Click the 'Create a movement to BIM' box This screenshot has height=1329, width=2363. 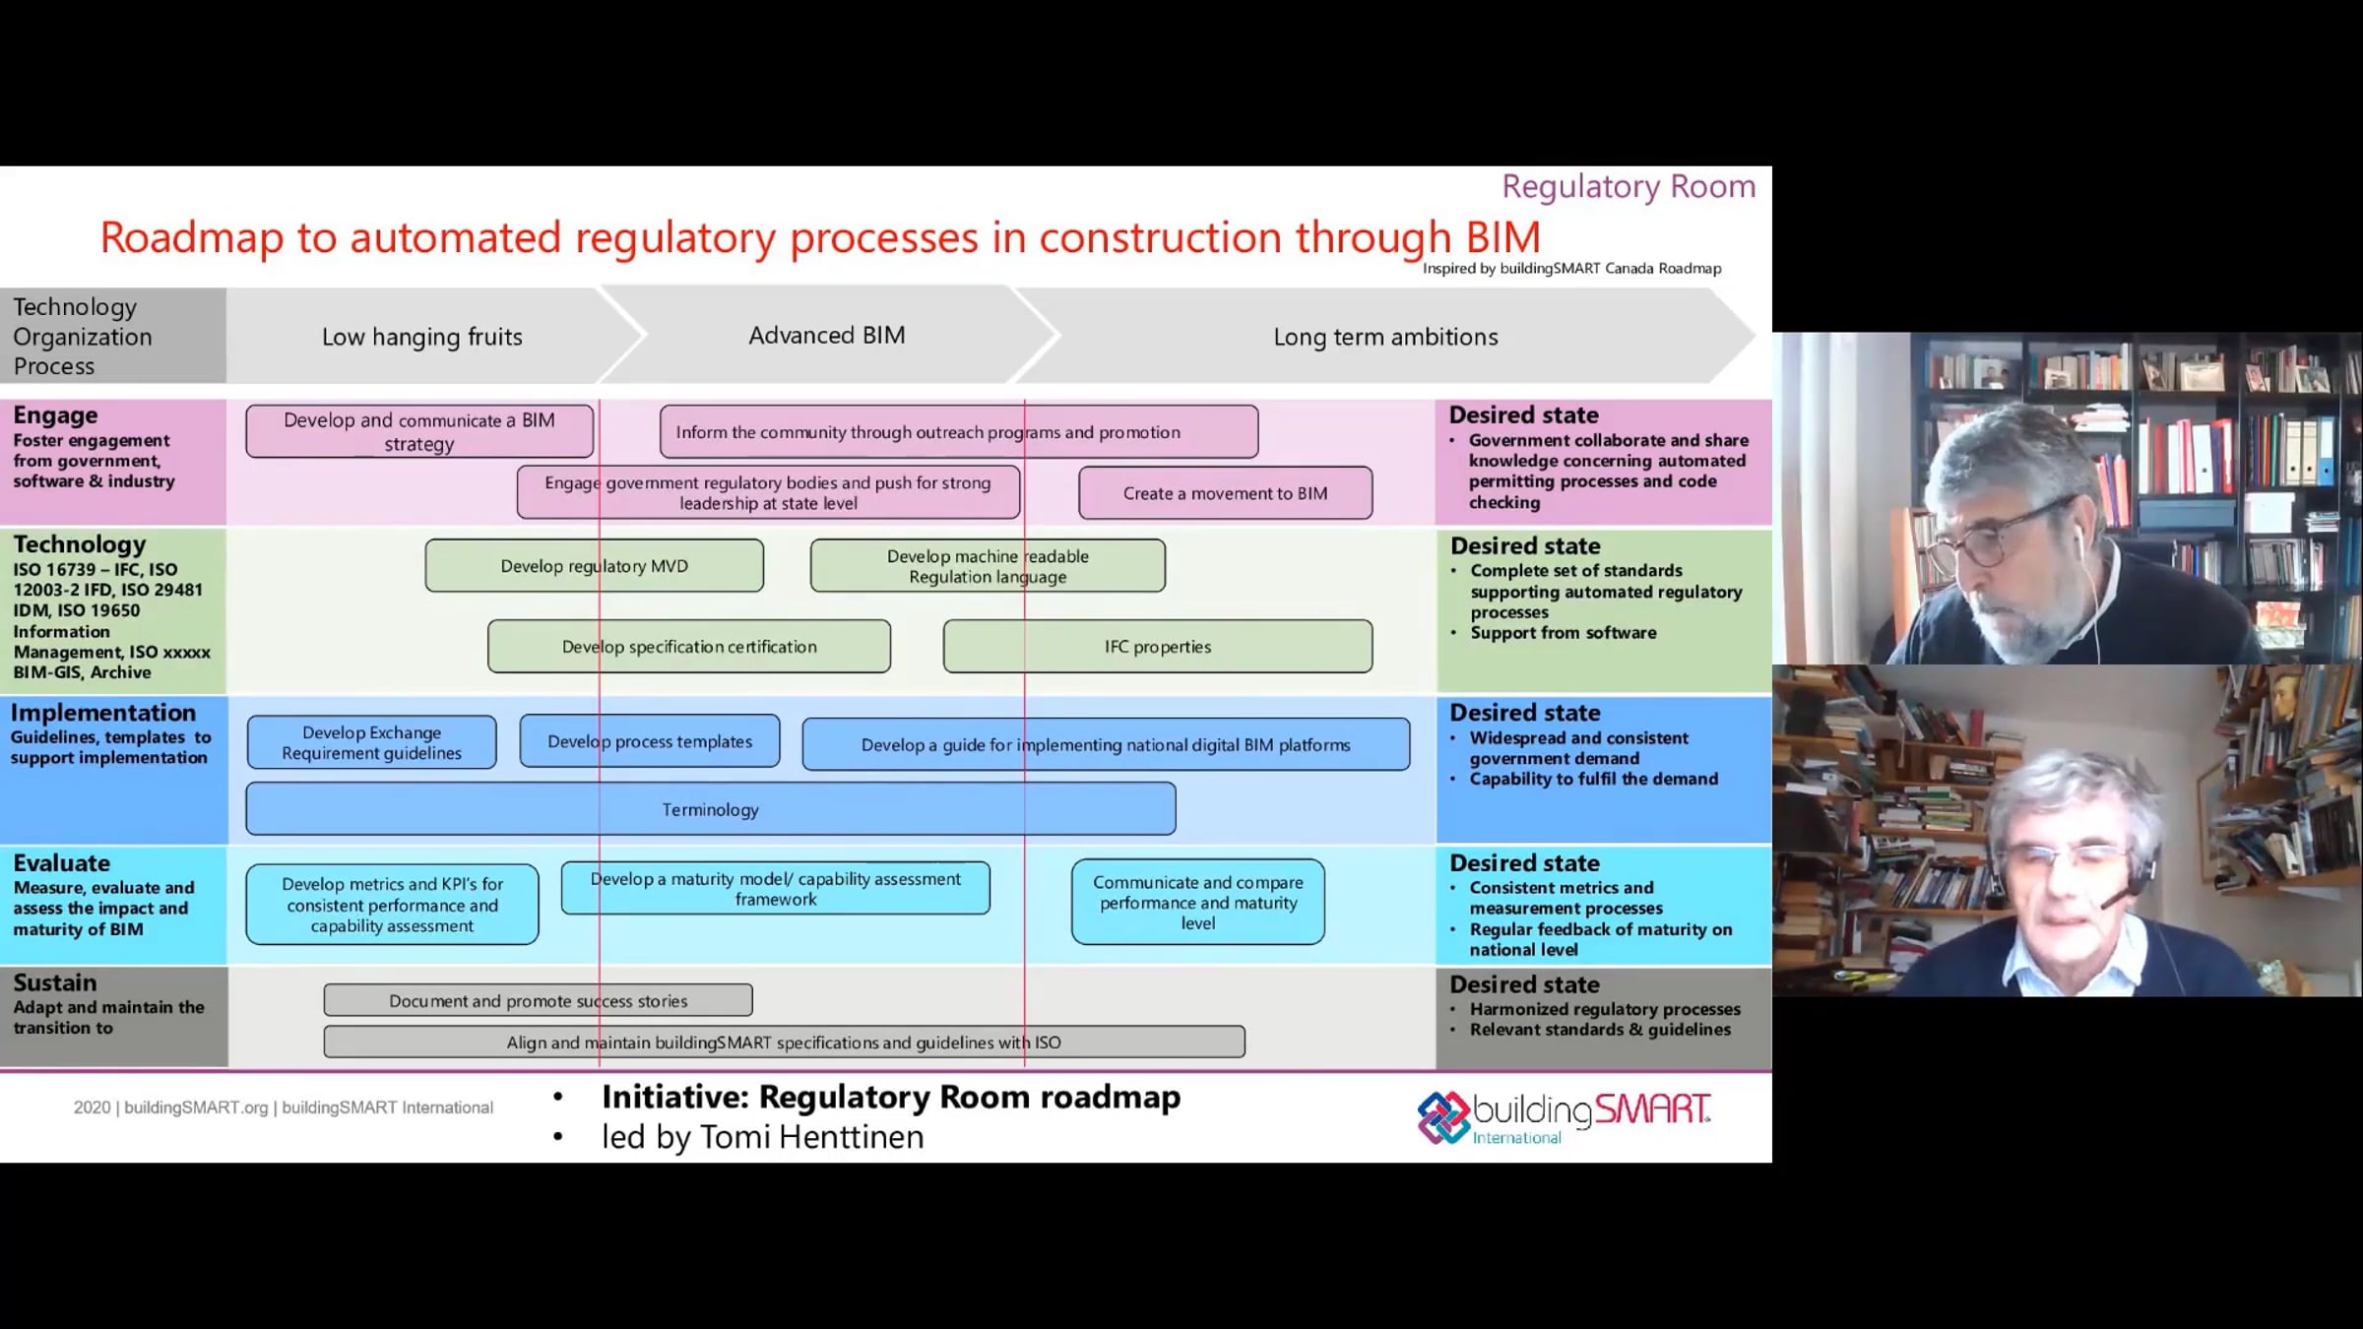pyautogui.click(x=1225, y=493)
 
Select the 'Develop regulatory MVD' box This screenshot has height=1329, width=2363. pyautogui.click(x=594, y=565)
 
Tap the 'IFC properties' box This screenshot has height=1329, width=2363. pyautogui.click(x=1158, y=646)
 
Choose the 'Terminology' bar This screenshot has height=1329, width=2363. pyautogui.click(x=710, y=809)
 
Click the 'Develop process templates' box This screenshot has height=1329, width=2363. pyautogui.click(x=650, y=741)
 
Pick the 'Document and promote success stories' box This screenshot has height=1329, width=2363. pyautogui.click(x=538, y=1000)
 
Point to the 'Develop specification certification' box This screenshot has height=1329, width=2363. pyautogui.click(x=689, y=646)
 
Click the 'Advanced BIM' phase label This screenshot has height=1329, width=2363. pyautogui.click(x=827, y=335)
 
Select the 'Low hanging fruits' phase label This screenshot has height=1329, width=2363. pyautogui.click(x=421, y=337)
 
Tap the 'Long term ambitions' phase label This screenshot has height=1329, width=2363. pyautogui.click(x=1385, y=337)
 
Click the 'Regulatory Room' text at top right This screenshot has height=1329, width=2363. pyautogui.click(x=1629, y=186)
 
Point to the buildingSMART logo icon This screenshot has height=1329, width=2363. pyautogui.click(x=1443, y=1117)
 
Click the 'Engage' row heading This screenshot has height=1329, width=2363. pyautogui.click(x=55, y=414)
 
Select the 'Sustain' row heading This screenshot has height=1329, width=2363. pyautogui.click(x=55, y=982)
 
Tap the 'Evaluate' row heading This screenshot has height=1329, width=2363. pyautogui.click(x=61, y=862)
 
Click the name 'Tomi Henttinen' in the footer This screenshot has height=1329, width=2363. pyautogui.click(x=811, y=1137)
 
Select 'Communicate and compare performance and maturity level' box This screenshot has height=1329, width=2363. pyautogui.click(x=1198, y=902)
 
